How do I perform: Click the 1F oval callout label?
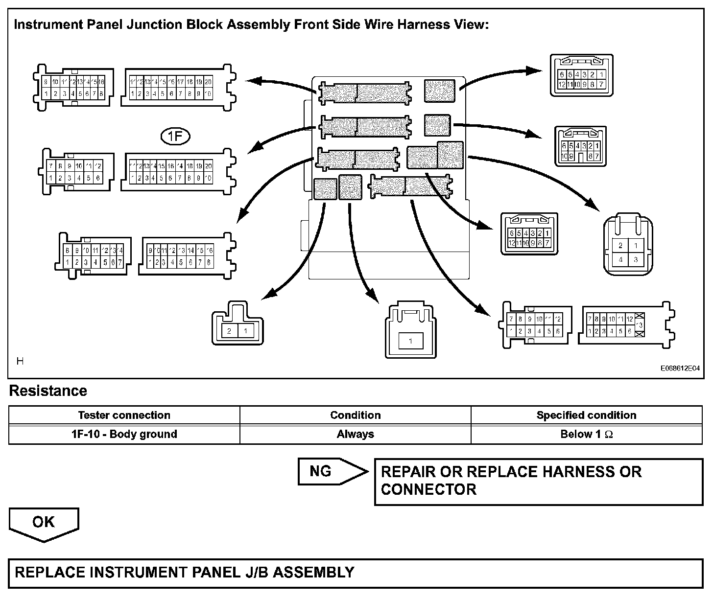(175, 137)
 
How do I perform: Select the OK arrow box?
(44, 523)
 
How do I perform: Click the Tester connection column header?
(124, 415)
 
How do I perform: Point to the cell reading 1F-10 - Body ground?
(124, 434)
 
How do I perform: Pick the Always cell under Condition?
(355, 434)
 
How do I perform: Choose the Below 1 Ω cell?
(586, 434)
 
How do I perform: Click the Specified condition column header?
(586, 415)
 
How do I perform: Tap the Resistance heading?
(48, 391)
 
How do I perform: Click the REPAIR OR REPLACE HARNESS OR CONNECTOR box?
(538, 481)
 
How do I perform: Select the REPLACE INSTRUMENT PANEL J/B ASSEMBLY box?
(355, 573)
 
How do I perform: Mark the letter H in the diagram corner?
(20, 362)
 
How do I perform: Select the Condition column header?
(355, 415)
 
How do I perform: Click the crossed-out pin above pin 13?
(639, 317)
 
